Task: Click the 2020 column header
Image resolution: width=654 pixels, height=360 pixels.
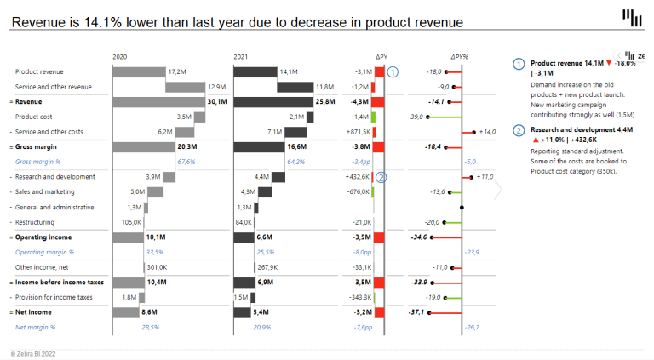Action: tap(120, 57)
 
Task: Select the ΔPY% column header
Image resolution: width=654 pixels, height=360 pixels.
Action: tap(460, 57)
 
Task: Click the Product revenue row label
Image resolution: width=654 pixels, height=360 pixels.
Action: tap(39, 72)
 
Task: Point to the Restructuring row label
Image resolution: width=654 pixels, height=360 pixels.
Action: tap(35, 222)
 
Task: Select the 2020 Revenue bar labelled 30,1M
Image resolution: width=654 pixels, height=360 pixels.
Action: tap(163, 101)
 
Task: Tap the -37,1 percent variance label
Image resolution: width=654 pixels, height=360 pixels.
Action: tap(418, 311)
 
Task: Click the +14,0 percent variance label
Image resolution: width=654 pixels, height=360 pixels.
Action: tap(487, 132)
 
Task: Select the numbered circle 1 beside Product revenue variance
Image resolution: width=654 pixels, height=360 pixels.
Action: tap(393, 72)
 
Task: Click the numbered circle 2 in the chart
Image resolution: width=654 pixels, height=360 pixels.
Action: tap(381, 177)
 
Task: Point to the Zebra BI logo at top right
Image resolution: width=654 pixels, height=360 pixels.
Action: tap(632, 17)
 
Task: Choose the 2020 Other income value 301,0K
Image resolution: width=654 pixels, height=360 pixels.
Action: tap(158, 266)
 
